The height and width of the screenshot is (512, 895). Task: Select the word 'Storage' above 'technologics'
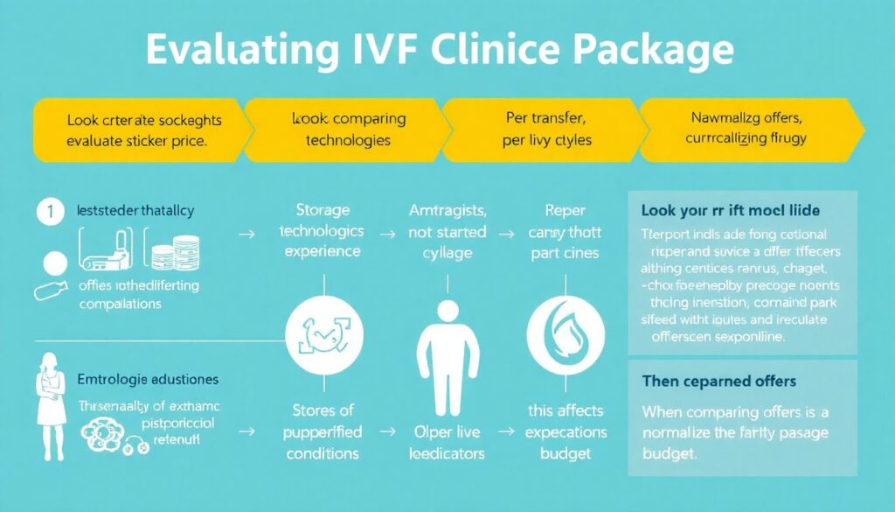point(323,211)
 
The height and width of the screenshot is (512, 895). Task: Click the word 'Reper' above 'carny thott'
point(565,211)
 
